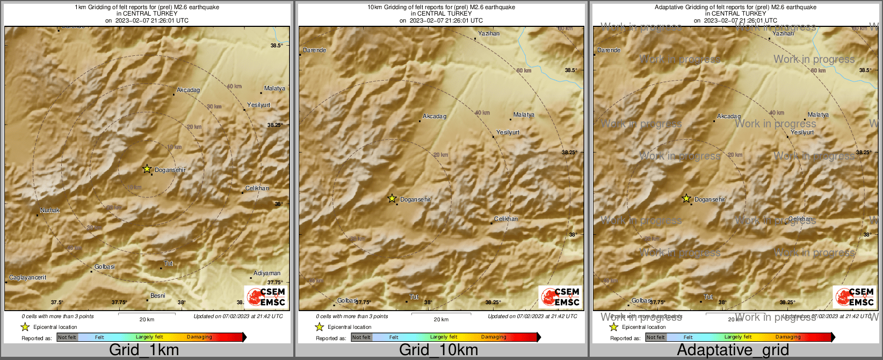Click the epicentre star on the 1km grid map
click(147, 169)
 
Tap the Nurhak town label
click(50, 210)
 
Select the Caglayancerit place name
click(27, 278)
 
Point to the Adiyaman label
click(267, 273)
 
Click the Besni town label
click(158, 296)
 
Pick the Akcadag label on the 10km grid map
click(435, 116)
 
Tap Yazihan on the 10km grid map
click(489, 33)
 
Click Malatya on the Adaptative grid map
click(818, 114)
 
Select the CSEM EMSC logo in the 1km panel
click(266, 297)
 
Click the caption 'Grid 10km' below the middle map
click(438, 350)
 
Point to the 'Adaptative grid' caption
click(733, 350)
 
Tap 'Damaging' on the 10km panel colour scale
click(494, 337)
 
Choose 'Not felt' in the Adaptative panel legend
click(655, 337)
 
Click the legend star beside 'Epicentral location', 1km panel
click(25, 327)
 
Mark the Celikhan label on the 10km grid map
click(506, 219)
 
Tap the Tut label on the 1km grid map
click(169, 263)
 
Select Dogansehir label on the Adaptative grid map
click(710, 199)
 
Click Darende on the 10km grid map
click(315, 50)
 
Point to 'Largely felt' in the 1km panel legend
click(149, 337)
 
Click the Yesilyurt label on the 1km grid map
click(259, 105)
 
